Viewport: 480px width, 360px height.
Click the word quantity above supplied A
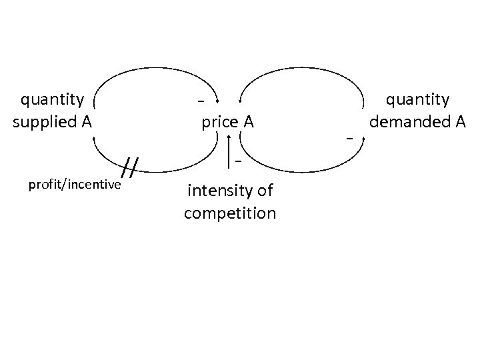(53, 101)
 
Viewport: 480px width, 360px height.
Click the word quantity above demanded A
(418, 100)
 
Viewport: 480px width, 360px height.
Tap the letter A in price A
(247, 123)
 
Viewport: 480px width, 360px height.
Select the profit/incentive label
(75, 184)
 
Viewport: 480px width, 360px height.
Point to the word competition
(229, 214)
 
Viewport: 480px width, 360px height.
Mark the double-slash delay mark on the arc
(132, 168)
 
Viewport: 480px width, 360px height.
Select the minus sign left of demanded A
(348, 138)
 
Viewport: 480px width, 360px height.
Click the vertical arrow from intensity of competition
(229, 150)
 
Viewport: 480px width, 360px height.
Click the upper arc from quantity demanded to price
(303, 69)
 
